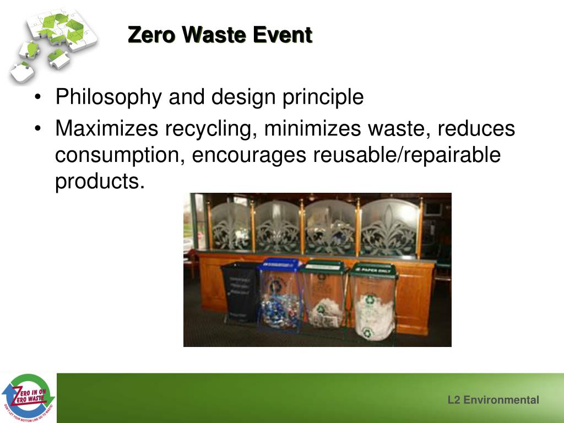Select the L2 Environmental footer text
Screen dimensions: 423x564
click(x=493, y=400)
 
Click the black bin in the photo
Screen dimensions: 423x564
click(x=240, y=292)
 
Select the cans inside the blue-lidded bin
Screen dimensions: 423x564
click(x=280, y=311)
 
